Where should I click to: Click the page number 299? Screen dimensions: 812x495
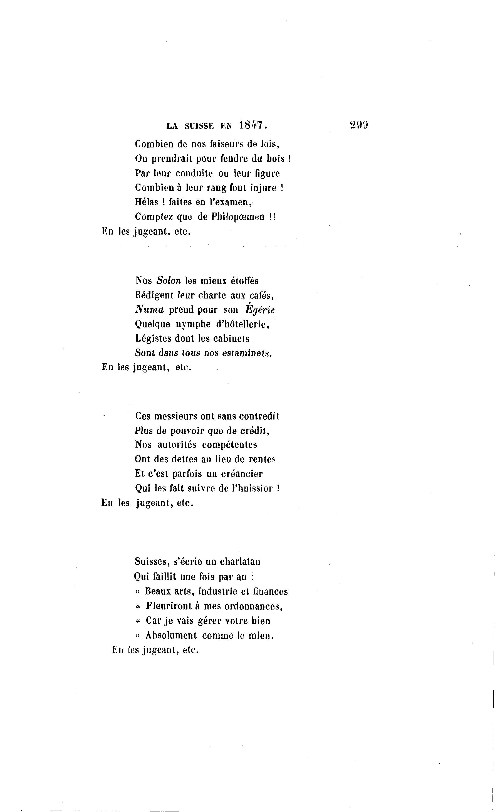(359, 125)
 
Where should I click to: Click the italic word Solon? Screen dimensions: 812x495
(169, 281)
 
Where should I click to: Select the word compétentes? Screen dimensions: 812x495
(229, 445)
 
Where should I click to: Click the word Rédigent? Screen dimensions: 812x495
(154, 295)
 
